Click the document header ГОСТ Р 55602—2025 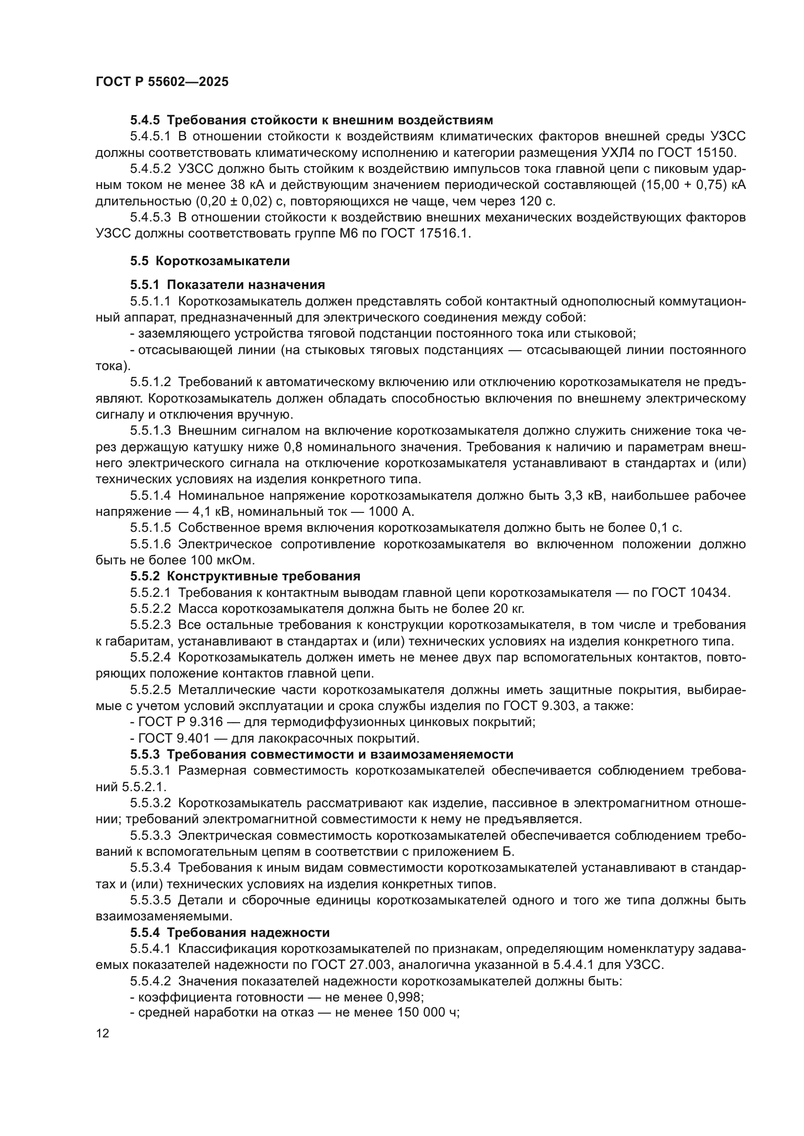[x=162, y=82]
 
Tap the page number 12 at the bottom [x=103, y=1033]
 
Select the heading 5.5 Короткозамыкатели [x=210, y=261]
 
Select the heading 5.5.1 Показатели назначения [x=227, y=285]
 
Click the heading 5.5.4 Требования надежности [x=230, y=933]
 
